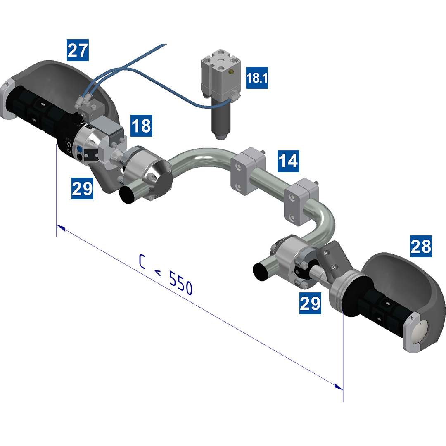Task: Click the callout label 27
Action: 78,50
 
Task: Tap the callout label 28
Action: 421,246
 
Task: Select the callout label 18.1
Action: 257,78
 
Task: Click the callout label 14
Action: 288,161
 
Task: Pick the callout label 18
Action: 141,126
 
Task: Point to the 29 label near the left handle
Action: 82,188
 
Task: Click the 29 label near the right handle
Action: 310,303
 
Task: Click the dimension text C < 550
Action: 166,275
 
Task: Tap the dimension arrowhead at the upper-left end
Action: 61,228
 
